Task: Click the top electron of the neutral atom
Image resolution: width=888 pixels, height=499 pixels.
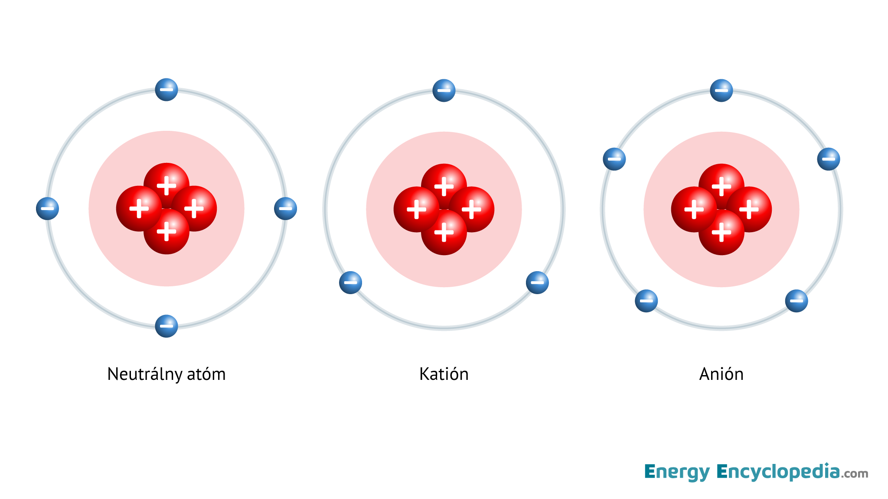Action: (166, 90)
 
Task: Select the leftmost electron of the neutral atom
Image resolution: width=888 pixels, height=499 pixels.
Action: (47, 208)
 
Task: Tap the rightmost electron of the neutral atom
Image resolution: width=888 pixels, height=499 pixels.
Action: (285, 208)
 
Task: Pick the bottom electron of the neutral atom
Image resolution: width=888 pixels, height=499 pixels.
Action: (166, 326)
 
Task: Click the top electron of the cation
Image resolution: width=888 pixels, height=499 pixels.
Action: (444, 91)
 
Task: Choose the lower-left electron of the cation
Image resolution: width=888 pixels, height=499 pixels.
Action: (350, 282)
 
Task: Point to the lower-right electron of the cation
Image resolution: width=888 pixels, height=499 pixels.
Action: (537, 282)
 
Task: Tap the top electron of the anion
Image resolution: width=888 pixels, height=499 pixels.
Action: (721, 91)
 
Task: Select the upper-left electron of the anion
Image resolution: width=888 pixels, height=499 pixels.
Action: (614, 159)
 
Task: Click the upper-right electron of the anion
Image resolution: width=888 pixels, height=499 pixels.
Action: (829, 159)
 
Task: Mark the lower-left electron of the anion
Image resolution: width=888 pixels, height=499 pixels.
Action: (646, 301)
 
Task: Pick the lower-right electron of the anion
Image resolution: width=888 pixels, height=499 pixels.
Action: (797, 301)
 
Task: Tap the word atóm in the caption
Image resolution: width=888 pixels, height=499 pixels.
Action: (206, 374)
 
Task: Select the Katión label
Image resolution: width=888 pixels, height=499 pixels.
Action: (444, 374)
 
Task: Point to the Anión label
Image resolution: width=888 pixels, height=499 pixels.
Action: (721, 374)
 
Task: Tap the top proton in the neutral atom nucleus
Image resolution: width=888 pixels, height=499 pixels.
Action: (166, 185)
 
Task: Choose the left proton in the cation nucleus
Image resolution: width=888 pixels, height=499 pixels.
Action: (417, 209)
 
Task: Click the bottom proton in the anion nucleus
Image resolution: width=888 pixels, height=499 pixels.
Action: (721, 232)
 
